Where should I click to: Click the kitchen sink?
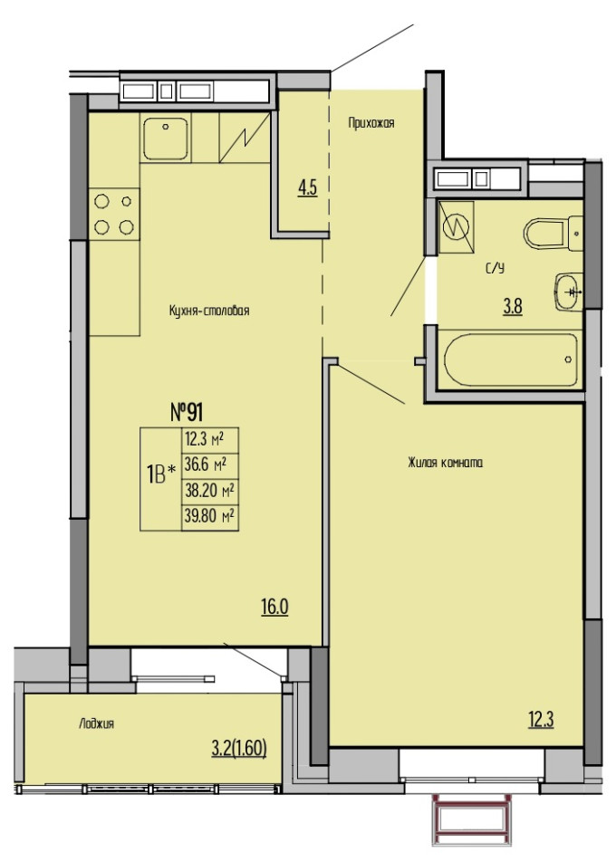coord(166,138)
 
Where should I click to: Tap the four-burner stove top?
coord(114,214)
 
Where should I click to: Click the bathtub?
coord(510,359)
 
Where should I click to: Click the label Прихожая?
coord(371,122)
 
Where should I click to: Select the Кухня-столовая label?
coord(209,311)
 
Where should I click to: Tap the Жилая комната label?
coord(446,463)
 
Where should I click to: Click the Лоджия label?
coord(96,723)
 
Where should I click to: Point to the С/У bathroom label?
coord(495,268)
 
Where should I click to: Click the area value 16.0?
coord(274,608)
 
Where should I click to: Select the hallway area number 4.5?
coord(307,188)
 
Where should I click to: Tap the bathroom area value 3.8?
coord(513,306)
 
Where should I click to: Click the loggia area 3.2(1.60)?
coord(239,748)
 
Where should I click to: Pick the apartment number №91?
coord(187,412)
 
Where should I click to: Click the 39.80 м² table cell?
coord(210,518)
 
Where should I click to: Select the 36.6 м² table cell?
coord(210,465)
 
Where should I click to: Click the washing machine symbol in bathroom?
coord(456,226)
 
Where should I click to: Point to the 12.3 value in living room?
coord(541,720)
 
